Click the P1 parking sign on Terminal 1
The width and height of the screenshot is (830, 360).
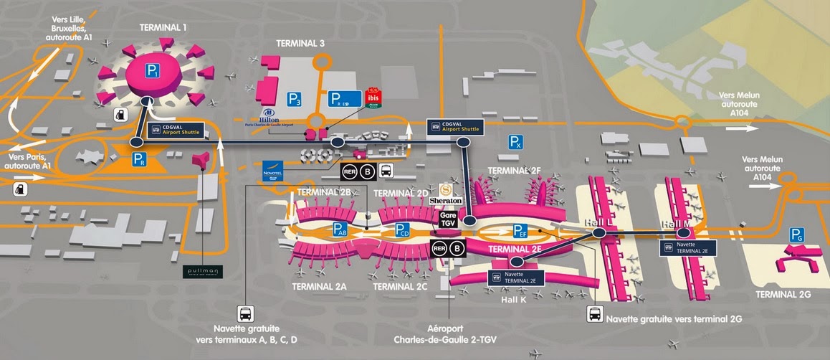pyautogui.click(x=152, y=70)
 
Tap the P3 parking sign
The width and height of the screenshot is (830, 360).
pyautogui.click(x=294, y=99)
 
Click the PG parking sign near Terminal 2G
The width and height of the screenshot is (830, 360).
pyautogui.click(x=796, y=234)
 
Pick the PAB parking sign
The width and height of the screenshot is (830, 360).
pyautogui.click(x=341, y=230)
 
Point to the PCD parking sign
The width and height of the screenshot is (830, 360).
pyautogui.click(x=403, y=230)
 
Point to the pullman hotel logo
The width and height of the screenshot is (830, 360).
pyautogui.click(x=204, y=272)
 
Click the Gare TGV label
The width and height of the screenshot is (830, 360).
pyautogui.click(x=449, y=219)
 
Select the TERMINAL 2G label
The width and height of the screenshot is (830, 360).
pyautogui.click(x=787, y=294)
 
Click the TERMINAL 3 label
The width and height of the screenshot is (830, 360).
pyautogui.click(x=300, y=44)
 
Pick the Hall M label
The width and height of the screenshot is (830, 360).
pyautogui.click(x=677, y=224)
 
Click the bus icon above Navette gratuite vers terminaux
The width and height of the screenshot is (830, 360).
pyautogui.click(x=245, y=313)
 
